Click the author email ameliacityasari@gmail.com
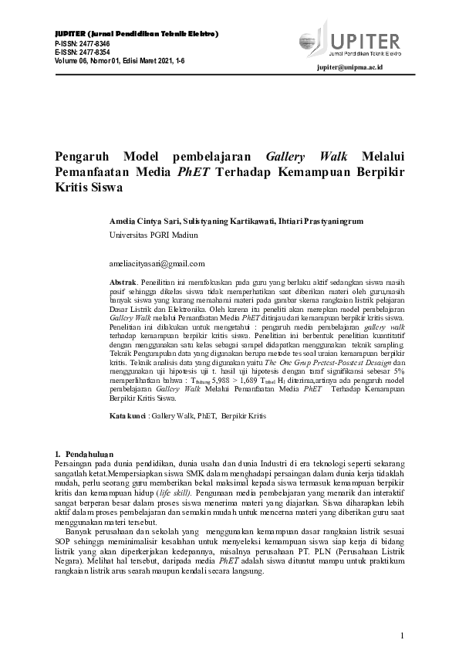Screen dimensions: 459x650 click(157, 263)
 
